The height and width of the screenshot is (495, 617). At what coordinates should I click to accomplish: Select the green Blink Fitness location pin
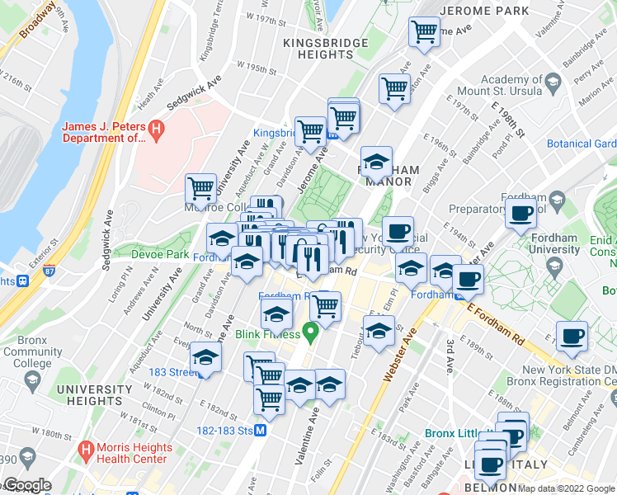pos(310,333)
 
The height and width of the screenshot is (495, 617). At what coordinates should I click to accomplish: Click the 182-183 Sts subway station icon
pos(260,430)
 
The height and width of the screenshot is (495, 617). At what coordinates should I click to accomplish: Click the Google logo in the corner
pos(26,485)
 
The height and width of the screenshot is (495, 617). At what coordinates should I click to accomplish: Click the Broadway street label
pos(38,19)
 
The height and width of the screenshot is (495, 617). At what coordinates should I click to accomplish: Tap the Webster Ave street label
pos(402,351)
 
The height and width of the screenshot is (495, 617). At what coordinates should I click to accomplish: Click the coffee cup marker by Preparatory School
pos(520,214)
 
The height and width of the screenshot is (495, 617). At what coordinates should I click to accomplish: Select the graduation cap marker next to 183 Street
pos(205,358)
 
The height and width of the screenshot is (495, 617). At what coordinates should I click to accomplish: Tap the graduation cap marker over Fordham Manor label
pos(376,162)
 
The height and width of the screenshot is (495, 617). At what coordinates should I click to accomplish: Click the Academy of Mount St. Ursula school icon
pos(553,81)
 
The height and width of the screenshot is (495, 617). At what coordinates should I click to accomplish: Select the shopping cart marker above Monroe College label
pos(200,189)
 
